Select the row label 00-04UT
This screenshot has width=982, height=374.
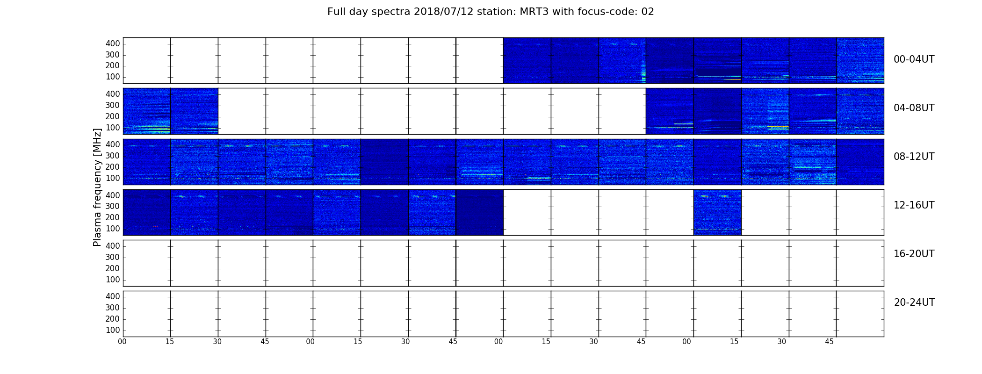[914, 59]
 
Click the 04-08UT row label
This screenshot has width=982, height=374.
[914, 108]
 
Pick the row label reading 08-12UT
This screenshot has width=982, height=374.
[914, 157]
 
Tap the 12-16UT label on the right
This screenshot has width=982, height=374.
[914, 205]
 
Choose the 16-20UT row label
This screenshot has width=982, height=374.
[914, 254]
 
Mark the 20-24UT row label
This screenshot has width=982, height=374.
[914, 302]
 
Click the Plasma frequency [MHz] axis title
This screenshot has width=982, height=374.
[97, 187]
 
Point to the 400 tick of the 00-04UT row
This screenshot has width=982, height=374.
[113, 43]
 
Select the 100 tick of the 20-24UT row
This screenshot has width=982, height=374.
[113, 330]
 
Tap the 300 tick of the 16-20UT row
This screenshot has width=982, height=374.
[113, 257]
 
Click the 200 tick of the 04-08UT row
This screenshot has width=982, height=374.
[113, 116]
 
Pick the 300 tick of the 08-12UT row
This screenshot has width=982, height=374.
[113, 156]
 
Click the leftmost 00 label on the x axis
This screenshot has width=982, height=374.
[122, 342]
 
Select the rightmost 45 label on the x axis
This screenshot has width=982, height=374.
[829, 342]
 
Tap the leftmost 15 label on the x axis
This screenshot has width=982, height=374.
[170, 342]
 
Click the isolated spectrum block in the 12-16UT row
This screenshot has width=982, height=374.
[717, 212]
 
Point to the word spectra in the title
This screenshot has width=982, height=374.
[392, 12]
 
